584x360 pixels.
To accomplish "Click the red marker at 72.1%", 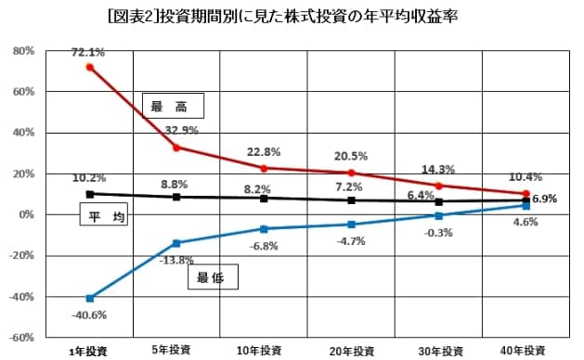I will [89, 67].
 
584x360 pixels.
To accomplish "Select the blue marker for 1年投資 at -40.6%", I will [89, 298].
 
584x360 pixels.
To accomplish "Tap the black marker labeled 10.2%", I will [89, 194].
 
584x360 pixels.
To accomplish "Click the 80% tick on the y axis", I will [23, 51].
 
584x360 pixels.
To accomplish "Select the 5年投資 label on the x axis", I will [176, 350].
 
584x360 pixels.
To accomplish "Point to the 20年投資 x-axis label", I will [351, 351].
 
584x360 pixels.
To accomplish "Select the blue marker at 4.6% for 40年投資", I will [526, 206].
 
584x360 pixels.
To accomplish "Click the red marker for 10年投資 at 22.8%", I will [264, 168].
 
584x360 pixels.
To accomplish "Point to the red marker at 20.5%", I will [351, 173].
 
